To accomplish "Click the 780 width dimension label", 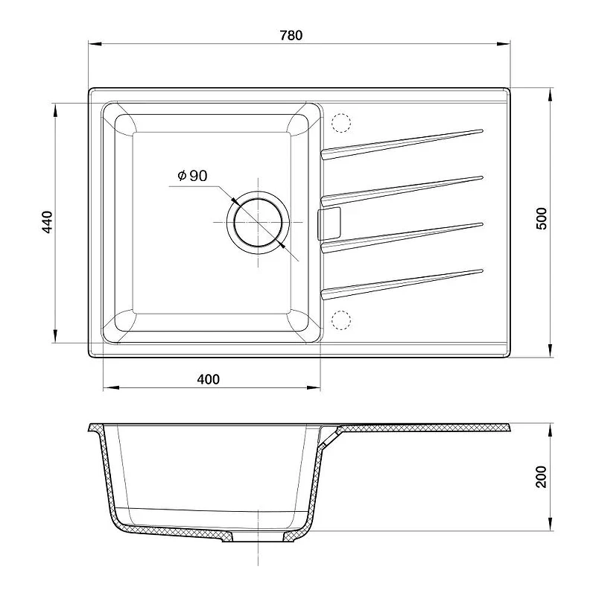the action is click(x=291, y=35).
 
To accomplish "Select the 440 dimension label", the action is click(x=47, y=222).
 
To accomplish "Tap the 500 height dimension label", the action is click(x=541, y=218).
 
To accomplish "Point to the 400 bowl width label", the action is click(x=209, y=379).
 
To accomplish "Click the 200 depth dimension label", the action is click(x=541, y=477).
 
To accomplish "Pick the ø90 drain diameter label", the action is click(x=192, y=176).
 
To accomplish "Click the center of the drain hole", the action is click(x=258, y=222).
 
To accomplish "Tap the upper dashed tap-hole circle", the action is click(x=341, y=123).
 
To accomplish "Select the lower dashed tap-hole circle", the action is click(x=341, y=320).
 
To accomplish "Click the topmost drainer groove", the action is click(x=402, y=144).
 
